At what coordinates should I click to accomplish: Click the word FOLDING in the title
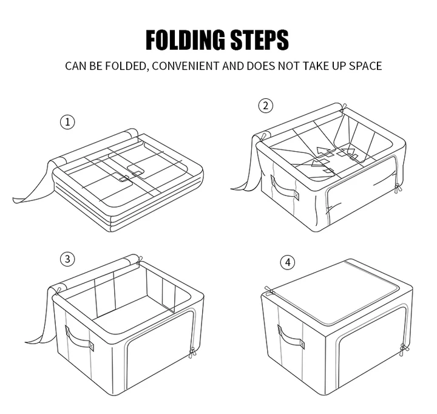(185, 40)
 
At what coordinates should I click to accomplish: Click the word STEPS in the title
(260, 40)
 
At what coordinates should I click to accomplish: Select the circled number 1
(67, 122)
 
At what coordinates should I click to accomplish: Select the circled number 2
(266, 106)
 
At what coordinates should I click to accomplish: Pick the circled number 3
(67, 259)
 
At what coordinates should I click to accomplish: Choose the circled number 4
(288, 262)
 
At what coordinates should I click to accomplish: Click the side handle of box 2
(284, 188)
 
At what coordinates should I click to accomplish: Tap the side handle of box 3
(79, 339)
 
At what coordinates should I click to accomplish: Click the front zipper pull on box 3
(192, 352)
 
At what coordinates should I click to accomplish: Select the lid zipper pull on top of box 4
(269, 290)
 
